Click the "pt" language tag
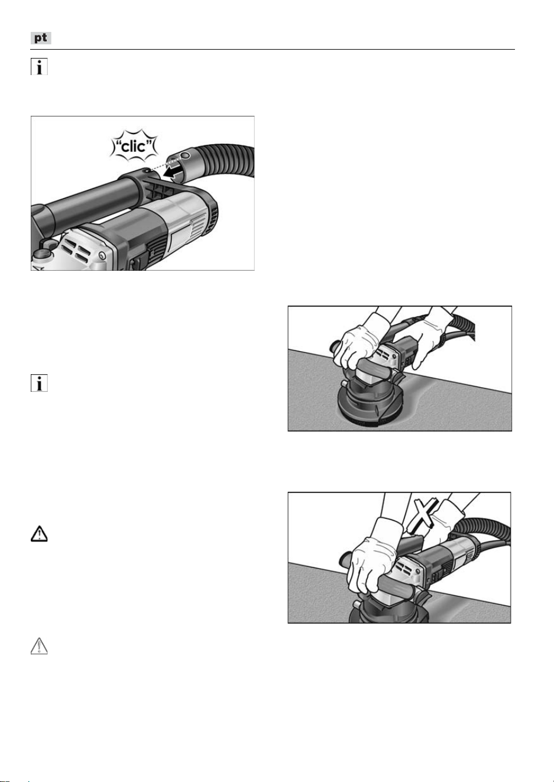(x=41, y=38)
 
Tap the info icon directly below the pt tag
(x=39, y=66)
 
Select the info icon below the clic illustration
(x=39, y=383)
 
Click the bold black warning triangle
(x=39, y=534)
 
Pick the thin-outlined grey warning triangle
(x=39, y=646)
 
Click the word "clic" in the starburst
(x=134, y=146)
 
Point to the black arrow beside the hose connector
(x=174, y=170)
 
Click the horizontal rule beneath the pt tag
(x=273, y=50)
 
